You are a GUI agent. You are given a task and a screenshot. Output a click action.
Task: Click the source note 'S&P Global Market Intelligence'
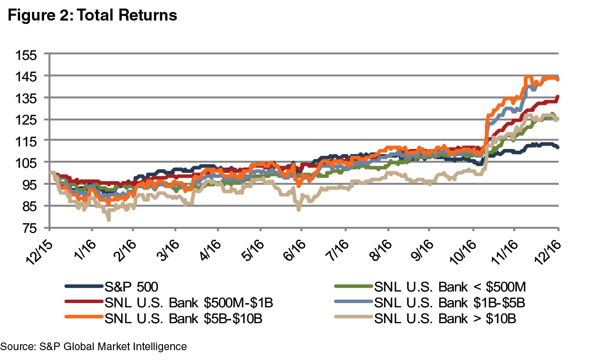click(93, 346)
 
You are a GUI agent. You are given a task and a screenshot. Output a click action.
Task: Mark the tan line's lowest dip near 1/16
click(109, 220)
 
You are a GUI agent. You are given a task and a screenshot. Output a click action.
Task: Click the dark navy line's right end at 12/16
click(558, 147)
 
